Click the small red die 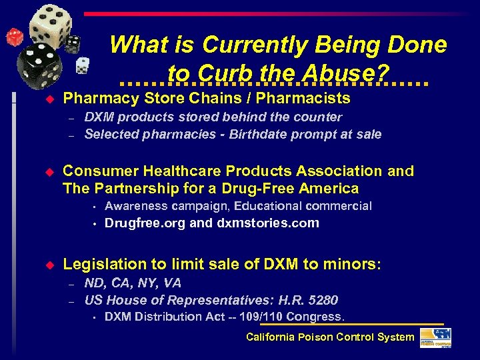point(14,37)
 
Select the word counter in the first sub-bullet point(321,117)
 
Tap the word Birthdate point(259,134)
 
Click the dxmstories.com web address point(268,223)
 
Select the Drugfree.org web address point(145,223)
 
